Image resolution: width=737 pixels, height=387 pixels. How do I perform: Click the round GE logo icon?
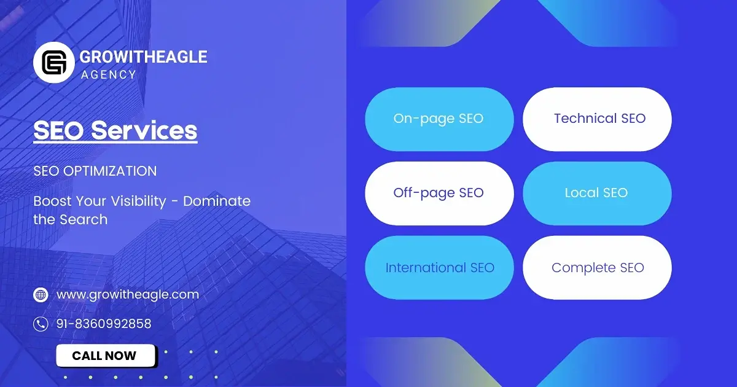tap(54, 63)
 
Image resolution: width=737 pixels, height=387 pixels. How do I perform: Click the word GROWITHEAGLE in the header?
tap(143, 57)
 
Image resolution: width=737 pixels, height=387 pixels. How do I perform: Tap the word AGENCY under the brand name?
tap(108, 75)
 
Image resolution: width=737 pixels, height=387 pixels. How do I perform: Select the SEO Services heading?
tap(115, 131)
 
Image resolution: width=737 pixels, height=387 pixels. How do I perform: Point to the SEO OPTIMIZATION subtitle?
tap(95, 171)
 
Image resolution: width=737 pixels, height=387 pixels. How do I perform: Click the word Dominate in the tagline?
tap(217, 201)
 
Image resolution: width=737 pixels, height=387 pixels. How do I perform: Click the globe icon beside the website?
tap(41, 295)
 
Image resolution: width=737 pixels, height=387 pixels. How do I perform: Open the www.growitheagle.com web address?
tap(128, 294)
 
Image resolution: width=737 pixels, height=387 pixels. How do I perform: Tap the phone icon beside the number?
tap(41, 324)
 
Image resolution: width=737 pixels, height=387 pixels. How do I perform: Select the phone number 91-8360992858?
tap(104, 324)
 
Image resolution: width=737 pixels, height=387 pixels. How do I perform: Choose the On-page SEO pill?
tap(439, 119)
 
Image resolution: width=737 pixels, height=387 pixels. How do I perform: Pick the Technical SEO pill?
tap(597, 119)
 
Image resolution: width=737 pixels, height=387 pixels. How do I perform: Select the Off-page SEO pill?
tap(439, 193)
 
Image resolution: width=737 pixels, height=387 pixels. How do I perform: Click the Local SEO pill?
tap(597, 193)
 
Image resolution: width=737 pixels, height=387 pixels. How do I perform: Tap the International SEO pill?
tap(439, 268)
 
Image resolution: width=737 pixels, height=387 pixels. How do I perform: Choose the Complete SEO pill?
tap(597, 268)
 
